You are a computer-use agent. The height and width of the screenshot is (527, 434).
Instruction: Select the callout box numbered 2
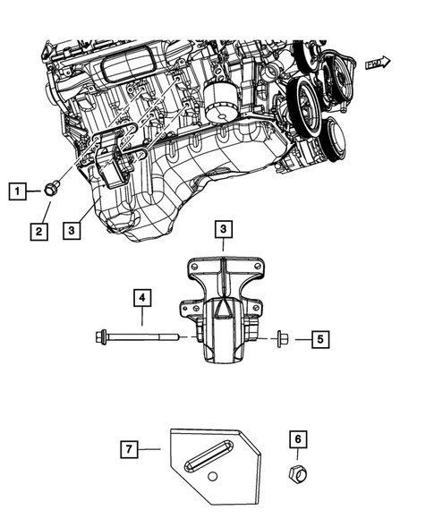pos(38,232)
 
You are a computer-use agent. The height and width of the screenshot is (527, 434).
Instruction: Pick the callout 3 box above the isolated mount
pos(223,231)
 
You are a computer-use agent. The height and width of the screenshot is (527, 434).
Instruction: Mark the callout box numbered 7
pos(130,446)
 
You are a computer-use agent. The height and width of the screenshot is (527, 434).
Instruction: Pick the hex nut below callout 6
pos(298,473)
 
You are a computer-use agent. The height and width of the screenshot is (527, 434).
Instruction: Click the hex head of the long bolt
pos(101,337)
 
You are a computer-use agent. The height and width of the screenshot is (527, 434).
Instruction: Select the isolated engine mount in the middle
pos(224,318)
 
